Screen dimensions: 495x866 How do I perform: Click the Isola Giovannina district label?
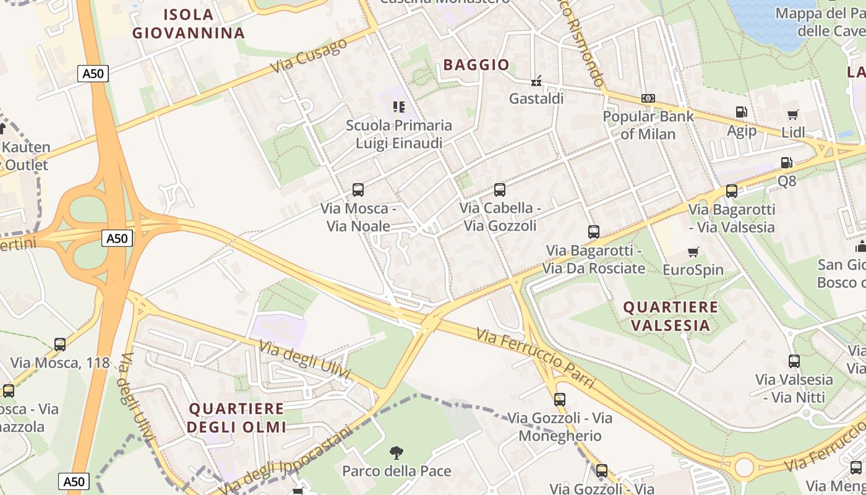point(189,24)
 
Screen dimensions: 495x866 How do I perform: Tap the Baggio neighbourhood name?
point(476,64)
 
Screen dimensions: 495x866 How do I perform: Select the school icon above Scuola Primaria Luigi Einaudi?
point(399,107)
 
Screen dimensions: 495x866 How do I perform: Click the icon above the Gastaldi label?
point(536,81)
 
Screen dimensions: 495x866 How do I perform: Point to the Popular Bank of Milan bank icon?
point(648,98)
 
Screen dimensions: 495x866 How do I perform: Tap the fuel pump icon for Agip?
point(741,112)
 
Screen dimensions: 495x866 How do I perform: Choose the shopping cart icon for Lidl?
point(793,114)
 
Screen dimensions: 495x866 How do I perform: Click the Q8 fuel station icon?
point(787,163)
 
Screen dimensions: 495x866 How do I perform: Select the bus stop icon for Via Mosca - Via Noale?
point(358,190)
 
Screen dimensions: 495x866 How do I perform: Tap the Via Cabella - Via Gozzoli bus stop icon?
point(500,190)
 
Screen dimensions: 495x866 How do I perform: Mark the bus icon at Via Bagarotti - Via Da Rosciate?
point(594,232)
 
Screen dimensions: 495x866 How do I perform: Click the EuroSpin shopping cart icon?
point(693,252)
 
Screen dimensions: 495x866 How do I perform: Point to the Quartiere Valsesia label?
point(671,316)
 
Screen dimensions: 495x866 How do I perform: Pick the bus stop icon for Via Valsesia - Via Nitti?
point(794,361)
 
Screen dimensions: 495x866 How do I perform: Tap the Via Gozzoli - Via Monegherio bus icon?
point(560,400)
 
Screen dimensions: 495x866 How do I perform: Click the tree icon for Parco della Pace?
point(397,453)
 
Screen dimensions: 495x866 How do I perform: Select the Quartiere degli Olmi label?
point(236,418)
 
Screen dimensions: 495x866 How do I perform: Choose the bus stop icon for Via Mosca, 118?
point(60,345)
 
